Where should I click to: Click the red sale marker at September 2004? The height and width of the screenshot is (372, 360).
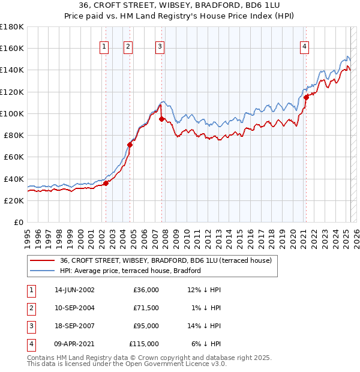[x=130, y=145]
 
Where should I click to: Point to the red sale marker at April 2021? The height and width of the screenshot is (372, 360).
[x=306, y=97]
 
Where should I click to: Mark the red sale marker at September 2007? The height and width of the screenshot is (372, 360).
[x=161, y=119]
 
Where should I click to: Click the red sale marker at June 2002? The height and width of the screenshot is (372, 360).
[x=106, y=183]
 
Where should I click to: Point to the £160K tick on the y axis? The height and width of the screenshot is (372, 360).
[x=12, y=49]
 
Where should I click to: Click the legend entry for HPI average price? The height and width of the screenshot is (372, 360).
[x=130, y=271]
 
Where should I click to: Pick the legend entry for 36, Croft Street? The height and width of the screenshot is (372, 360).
[x=166, y=260]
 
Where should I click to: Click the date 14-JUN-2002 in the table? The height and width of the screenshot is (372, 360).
[x=74, y=290]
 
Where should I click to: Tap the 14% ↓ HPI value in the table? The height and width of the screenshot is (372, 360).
[x=204, y=326]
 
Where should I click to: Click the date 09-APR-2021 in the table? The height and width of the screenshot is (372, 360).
[x=74, y=344]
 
